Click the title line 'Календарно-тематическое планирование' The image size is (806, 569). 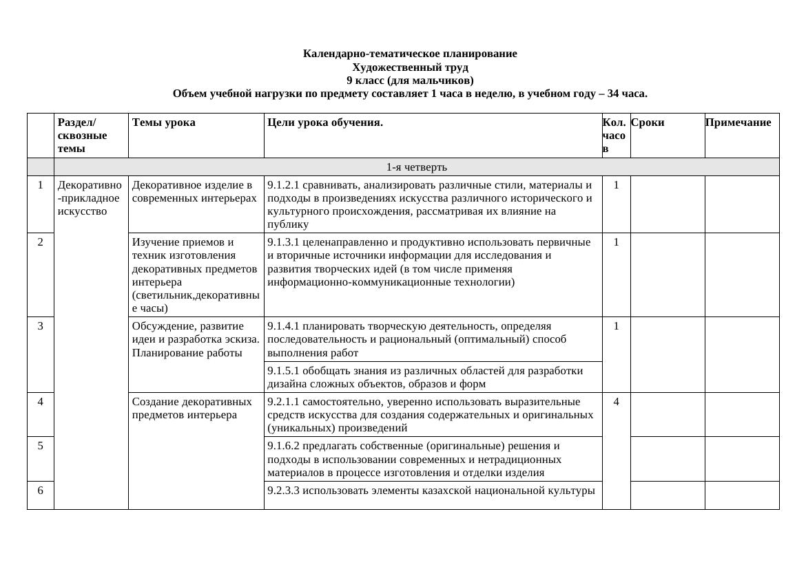pos(410,54)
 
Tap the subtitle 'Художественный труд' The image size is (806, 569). pos(410,67)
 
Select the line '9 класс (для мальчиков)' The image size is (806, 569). pos(410,80)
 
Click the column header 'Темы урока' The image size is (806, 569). pos(163,122)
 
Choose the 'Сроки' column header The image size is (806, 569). pos(648,122)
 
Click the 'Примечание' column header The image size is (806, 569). pos(738,122)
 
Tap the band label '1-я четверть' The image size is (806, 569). pos(416,167)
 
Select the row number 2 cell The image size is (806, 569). pos(41,242)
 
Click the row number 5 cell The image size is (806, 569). pos(41,446)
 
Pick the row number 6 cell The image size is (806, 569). pos(41,491)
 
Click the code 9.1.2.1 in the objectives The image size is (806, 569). pos(283,185)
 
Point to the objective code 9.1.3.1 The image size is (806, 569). pos(283,242)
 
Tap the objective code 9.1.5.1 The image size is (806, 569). pos(283,371)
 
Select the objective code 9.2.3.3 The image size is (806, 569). pos(283,491)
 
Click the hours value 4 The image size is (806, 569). pos(616,402)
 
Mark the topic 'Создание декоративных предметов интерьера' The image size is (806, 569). pos(192,408)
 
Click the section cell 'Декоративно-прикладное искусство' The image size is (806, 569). pos(90,198)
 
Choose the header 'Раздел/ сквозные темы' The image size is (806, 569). pos(83,136)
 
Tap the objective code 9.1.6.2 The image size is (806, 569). pos(283,446)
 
